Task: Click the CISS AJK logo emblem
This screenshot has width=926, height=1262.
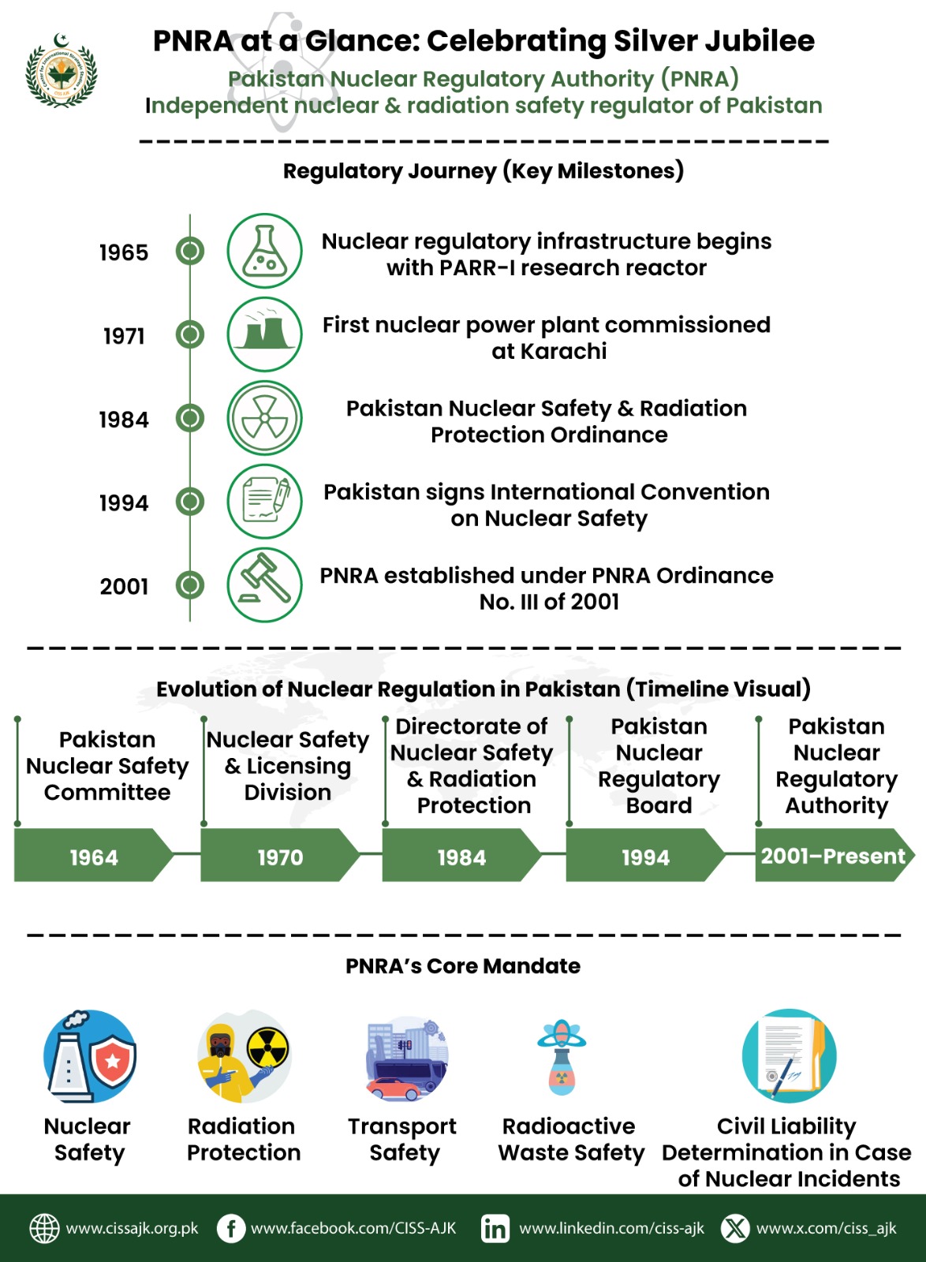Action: tap(61, 73)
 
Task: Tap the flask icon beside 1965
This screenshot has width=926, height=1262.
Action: tap(264, 251)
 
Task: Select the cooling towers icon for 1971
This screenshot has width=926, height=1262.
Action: tap(264, 334)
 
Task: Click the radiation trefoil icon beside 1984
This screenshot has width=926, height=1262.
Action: tap(264, 418)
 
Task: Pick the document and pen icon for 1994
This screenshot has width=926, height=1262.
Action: tap(264, 502)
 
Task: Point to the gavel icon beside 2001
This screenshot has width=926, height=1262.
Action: tap(264, 585)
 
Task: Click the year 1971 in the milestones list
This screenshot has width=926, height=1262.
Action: tap(124, 336)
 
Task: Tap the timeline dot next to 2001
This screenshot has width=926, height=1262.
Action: tap(189, 585)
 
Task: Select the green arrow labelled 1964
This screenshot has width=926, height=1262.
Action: tap(93, 856)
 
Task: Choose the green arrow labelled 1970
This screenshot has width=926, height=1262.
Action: tap(280, 856)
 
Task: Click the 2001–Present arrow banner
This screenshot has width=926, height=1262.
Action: tap(833, 855)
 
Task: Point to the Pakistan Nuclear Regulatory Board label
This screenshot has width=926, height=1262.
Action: tap(659, 765)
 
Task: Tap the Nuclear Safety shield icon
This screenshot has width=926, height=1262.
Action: tap(90, 1056)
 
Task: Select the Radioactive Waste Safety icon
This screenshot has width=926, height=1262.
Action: tap(561, 1057)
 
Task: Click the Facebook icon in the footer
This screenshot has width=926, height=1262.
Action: tap(230, 1228)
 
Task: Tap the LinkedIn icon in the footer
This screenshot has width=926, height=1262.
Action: tap(495, 1228)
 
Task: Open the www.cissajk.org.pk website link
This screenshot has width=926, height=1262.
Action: tap(132, 1228)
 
